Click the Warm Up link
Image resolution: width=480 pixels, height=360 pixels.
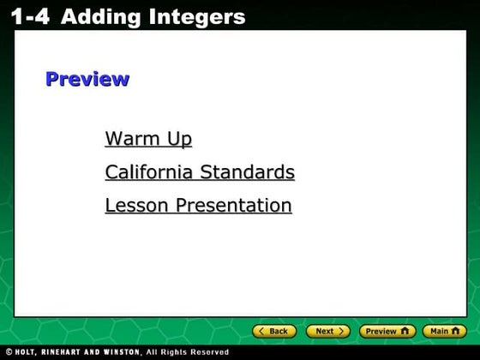click(148, 139)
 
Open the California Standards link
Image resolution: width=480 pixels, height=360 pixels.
click(200, 172)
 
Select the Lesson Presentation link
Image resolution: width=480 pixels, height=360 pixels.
click(198, 206)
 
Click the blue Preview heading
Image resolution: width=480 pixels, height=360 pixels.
click(87, 80)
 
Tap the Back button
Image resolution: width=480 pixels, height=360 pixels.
click(274, 331)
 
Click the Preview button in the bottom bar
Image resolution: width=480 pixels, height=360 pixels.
click(387, 331)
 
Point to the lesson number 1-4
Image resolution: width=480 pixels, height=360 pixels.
click(30, 16)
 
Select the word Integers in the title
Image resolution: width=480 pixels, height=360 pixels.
click(197, 16)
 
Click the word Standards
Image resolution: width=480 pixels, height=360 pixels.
click(247, 172)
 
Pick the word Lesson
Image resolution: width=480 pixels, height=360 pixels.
click(137, 206)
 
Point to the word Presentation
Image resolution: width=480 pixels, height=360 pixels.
click(234, 206)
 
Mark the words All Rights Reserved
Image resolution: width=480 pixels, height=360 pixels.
click(187, 352)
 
